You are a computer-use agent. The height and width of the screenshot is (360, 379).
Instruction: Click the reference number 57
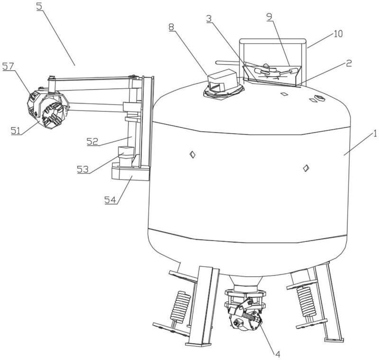coord(8,66)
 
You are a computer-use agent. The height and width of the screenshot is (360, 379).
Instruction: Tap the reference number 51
coord(16,131)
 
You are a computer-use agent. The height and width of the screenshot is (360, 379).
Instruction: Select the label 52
coord(92,141)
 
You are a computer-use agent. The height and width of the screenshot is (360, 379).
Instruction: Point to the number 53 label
coord(83,169)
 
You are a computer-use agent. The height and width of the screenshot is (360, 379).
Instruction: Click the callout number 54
coord(110,200)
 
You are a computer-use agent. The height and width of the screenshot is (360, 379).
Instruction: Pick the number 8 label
coord(171,27)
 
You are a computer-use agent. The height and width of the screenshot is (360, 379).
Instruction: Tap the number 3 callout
coord(209,18)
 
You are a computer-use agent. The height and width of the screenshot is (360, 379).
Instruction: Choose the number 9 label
coord(269,17)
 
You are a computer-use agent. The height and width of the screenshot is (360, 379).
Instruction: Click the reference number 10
coord(338,34)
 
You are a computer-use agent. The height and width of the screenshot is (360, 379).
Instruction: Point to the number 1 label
coord(375,134)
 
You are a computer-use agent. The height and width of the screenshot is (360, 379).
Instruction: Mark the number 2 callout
coord(349,63)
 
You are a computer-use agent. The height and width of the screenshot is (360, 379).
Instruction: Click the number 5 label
coord(39,7)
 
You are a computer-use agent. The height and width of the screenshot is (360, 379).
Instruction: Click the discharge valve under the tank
coord(245,310)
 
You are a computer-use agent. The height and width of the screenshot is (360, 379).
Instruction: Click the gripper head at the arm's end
coord(46,109)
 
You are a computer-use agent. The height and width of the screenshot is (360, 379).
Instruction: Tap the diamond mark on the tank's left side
coord(192,154)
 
